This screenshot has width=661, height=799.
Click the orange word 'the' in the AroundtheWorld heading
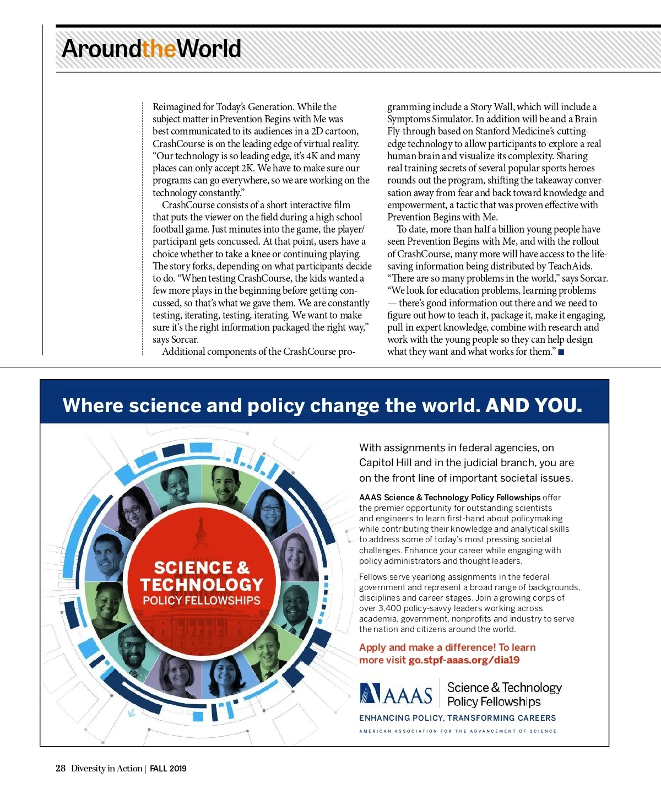(x=159, y=48)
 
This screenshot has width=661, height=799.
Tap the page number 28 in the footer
(x=61, y=768)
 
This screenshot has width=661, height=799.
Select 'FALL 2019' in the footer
(x=168, y=769)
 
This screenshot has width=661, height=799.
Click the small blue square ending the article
(x=561, y=352)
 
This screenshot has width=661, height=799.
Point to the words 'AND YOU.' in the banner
(x=533, y=406)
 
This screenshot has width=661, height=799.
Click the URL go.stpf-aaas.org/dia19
(x=464, y=660)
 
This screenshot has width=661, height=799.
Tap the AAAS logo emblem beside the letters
(x=370, y=694)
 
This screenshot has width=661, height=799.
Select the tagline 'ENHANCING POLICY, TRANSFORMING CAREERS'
(x=457, y=718)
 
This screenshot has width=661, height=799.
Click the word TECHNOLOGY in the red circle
(x=202, y=584)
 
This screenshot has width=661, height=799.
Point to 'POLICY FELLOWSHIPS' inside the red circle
(x=202, y=601)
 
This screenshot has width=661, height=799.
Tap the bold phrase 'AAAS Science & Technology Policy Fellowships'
(x=449, y=498)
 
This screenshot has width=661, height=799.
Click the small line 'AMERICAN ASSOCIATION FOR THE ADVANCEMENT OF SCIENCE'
(x=457, y=731)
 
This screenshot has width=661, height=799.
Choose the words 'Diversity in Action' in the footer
(x=106, y=769)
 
